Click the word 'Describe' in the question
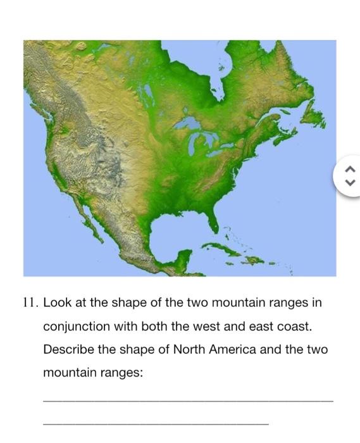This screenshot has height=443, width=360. coord(67,349)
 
